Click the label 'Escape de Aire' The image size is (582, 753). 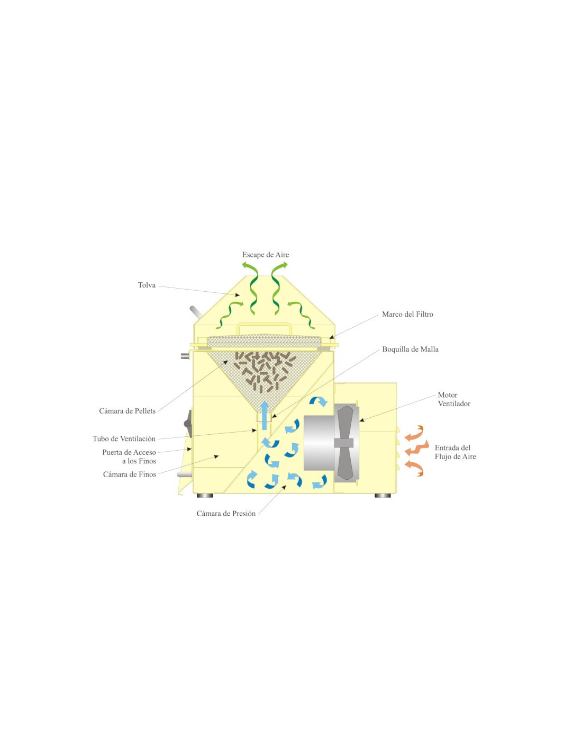[x=266, y=255]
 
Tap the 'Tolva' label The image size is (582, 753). [x=147, y=285]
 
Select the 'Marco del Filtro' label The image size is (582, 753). [x=407, y=315]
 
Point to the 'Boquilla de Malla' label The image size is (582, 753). [x=410, y=349]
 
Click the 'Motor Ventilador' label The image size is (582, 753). [x=454, y=399]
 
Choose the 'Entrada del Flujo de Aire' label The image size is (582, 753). [x=455, y=452]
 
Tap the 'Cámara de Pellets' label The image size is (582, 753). [x=127, y=411]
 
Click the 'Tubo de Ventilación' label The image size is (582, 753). [x=124, y=438]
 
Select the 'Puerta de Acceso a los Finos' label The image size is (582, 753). [x=129, y=456]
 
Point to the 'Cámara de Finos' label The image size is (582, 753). [x=130, y=474]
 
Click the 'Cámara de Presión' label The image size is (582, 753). [x=226, y=514]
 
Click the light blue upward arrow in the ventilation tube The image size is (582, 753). [x=265, y=415]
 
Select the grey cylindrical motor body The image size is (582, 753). [x=319, y=443]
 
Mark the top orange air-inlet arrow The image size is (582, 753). [x=414, y=433]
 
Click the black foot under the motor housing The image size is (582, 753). [x=383, y=496]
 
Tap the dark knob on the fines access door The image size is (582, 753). [x=188, y=419]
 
